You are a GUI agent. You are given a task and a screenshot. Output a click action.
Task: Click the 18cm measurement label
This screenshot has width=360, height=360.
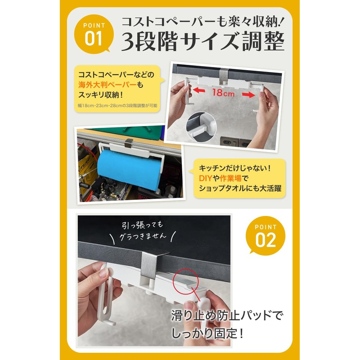pos(223,94)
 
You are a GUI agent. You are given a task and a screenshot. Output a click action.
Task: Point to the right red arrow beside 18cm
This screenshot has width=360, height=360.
pos(249,95)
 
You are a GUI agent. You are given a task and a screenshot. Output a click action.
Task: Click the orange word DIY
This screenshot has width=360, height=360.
pos(205,179)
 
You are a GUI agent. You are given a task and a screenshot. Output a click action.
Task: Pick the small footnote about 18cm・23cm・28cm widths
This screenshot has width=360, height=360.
pos(117,106)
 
